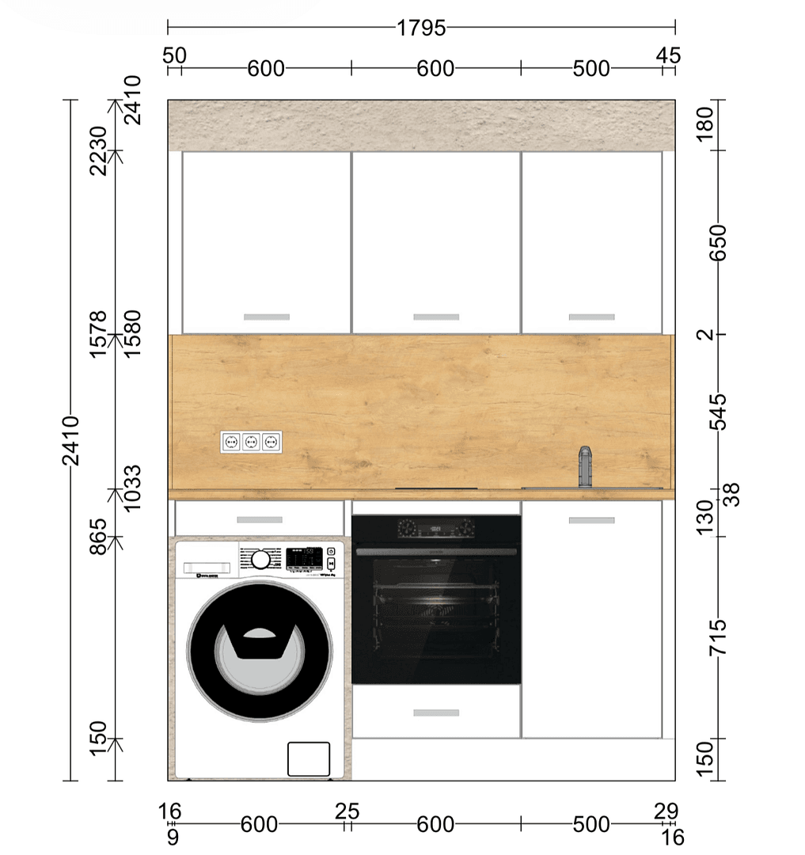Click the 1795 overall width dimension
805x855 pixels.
421,28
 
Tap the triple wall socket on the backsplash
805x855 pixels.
251,442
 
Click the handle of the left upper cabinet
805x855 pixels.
267,317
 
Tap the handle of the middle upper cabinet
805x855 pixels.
436,317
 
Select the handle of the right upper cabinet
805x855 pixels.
591,317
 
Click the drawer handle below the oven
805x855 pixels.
436,712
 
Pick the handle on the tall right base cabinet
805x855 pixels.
591,521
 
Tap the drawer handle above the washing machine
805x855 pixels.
260,520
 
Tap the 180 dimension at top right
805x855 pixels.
708,124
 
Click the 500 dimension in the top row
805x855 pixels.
591,69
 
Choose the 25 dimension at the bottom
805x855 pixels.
347,811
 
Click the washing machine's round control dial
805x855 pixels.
260,560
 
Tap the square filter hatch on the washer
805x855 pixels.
309,758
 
